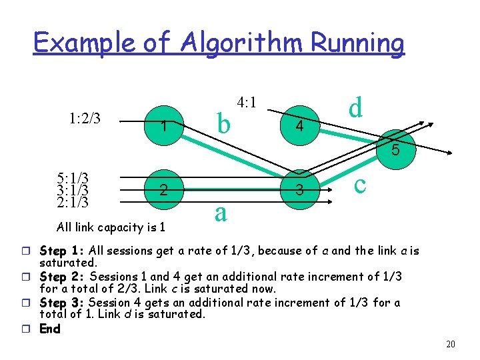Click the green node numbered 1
pyautogui.click(x=162, y=124)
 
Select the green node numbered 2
pyautogui.click(x=162, y=191)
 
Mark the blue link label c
pyautogui.click(x=360, y=183)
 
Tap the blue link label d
pyautogui.click(x=357, y=107)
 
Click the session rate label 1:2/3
pyautogui.click(x=85, y=119)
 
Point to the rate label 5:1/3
pyautogui.click(x=73, y=178)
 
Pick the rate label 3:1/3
pyautogui.click(x=73, y=189)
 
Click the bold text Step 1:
pyautogui.click(x=60, y=251)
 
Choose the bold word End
pyautogui.click(x=50, y=329)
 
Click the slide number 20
pyautogui.click(x=451, y=344)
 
